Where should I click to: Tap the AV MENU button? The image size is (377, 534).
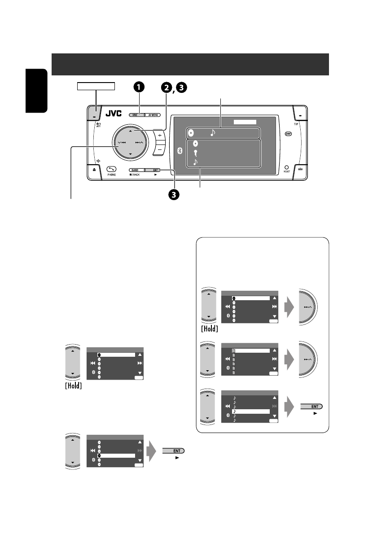[152, 115]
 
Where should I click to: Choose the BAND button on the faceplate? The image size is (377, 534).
[136, 170]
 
